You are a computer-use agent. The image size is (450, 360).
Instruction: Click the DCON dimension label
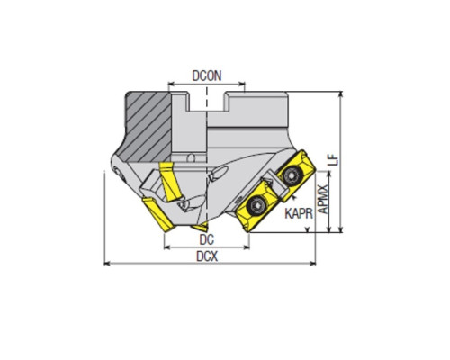pyautogui.click(x=207, y=76)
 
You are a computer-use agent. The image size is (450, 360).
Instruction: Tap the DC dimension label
pyautogui.click(x=207, y=239)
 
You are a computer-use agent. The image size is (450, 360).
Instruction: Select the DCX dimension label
pyautogui.click(x=207, y=256)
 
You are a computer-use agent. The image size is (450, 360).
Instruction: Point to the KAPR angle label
pyautogui.click(x=299, y=213)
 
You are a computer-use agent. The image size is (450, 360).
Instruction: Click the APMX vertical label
pyautogui.click(x=323, y=199)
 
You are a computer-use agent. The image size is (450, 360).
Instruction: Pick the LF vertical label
pyautogui.click(x=333, y=161)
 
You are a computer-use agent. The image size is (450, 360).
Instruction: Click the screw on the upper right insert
pyautogui.click(x=290, y=175)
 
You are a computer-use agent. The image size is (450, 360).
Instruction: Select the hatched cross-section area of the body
pyautogui.click(x=148, y=126)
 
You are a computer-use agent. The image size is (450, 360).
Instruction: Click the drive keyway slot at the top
pyautogui.click(x=206, y=102)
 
